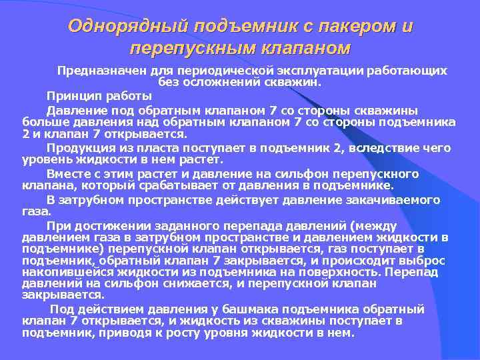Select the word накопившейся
[x=57, y=273]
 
